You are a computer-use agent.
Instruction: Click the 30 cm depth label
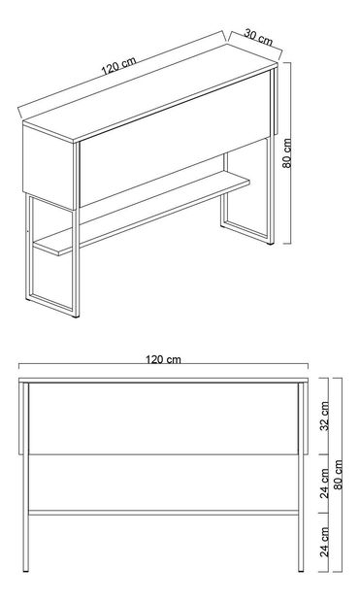tap(258, 37)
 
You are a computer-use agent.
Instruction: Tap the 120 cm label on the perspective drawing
tap(118, 66)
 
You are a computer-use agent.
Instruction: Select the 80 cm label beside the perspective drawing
tap(287, 153)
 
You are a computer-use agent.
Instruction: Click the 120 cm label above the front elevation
tap(163, 359)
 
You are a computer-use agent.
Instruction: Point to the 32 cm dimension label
tap(325, 416)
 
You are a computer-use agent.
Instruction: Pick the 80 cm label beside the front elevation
tap(338, 475)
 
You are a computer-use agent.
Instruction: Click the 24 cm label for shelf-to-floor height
tap(325, 542)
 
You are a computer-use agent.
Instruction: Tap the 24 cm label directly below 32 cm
tap(325, 483)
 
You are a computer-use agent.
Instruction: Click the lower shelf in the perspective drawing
tap(142, 213)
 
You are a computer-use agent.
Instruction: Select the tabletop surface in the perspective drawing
tap(150, 93)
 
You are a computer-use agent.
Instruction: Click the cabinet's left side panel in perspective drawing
tap(48, 167)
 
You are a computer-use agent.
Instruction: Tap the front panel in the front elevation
tap(164, 418)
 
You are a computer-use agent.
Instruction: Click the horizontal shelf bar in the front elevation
tap(164, 513)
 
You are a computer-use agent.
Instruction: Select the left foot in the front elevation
tap(25, 571)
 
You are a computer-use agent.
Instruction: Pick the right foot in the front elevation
tap(301, 571)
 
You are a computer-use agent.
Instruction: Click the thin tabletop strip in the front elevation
tap(164, 381)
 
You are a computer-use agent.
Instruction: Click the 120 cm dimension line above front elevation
tap(164, 364)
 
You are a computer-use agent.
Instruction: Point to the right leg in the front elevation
tap(301, 476)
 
